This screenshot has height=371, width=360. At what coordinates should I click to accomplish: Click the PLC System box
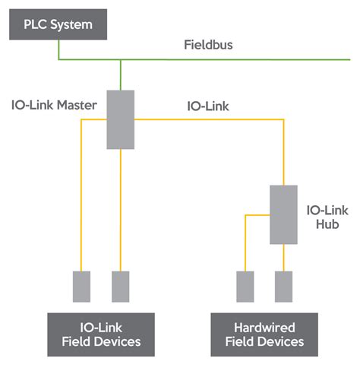point(58,24)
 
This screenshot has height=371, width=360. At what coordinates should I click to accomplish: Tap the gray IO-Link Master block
point(120,119)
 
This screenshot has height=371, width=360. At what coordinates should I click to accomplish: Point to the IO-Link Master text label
point(54,106)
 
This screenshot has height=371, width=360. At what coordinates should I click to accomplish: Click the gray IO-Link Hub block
point(283,214)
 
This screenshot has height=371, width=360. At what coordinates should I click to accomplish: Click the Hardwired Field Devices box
point(264,333)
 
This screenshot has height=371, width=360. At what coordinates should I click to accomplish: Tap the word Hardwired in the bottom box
point(264,325)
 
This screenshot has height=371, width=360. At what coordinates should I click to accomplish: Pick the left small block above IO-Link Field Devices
point(81,286)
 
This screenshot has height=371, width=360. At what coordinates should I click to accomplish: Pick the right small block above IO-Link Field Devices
point(120,286)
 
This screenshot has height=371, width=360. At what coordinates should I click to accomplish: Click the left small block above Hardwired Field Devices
point(245,286)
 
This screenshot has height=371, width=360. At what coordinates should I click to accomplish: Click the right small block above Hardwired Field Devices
point(284,286)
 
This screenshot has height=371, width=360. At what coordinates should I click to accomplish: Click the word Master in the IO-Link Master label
point(77,106)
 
